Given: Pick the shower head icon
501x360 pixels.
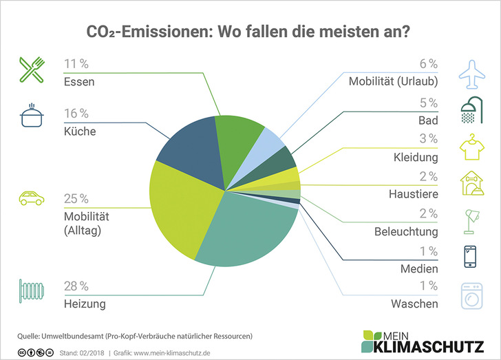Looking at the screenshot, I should pyautogui.click(x=471, y=110).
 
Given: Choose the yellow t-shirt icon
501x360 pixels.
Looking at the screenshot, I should pyautogui.click(x=471, y=147).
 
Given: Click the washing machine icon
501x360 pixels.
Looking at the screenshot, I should pyautogui.click(x=471, y=295).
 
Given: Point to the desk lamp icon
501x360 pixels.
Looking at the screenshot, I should pyautogui.click(x=471, y=221).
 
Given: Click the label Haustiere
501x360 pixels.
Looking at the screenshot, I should pyautogui.click(x=412, y=195).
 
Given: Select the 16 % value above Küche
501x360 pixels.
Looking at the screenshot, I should pyautogui.click(x=76, y=114).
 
